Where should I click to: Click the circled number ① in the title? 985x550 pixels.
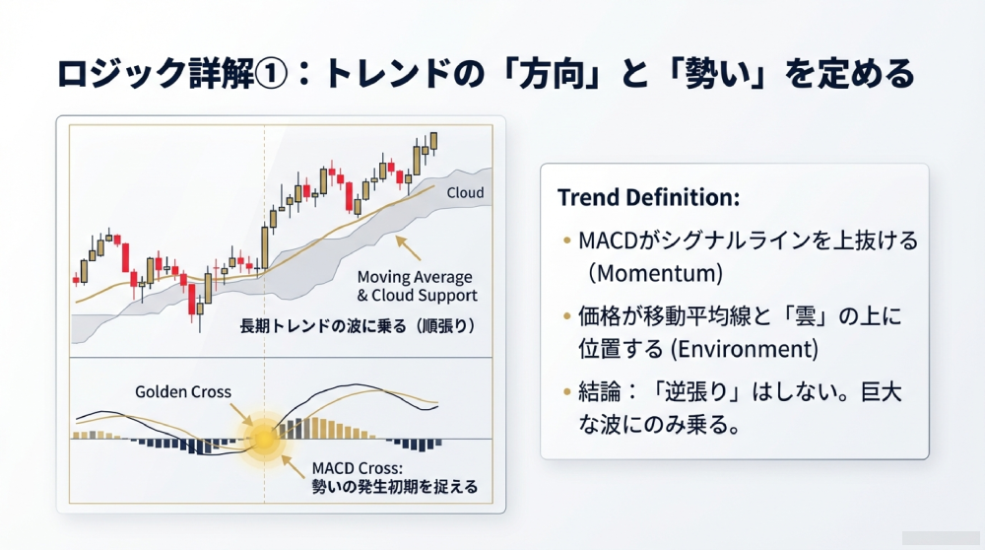(272, 74)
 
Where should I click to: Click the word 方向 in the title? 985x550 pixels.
(553, 74)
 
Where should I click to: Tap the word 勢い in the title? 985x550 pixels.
(720, 74)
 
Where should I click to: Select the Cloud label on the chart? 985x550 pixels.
(466, 193)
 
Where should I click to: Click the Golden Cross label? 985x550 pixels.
(183, 391)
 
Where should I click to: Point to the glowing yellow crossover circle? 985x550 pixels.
(264, 437)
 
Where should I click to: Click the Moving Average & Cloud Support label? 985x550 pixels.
(417, 286)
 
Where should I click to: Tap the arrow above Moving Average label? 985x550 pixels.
(408, 247)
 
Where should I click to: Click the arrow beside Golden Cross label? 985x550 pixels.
(242, 415)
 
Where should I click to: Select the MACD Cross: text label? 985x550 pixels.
(358, 468)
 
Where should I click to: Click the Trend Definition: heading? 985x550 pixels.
(648, 197)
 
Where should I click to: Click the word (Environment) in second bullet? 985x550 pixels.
(745, 349)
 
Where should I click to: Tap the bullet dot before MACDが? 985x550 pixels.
(567, 241)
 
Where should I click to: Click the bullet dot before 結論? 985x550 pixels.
(567, 392)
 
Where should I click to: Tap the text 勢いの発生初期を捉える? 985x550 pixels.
(395, 487)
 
